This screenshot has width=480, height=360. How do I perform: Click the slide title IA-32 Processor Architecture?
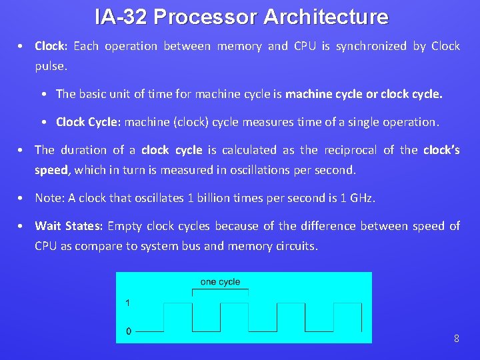click(x=241, y=17)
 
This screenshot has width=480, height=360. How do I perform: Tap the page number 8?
click(x=456, y=339)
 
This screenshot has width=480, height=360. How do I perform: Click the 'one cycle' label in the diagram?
click(x=220, y=282)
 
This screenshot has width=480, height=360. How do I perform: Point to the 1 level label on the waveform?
click(x=128, y=303)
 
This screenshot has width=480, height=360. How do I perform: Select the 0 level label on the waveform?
click(x=129, y=331)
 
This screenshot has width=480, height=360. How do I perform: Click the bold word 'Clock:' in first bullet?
click(x=51, y=46)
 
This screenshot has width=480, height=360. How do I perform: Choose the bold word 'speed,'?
click(x=52, y=170)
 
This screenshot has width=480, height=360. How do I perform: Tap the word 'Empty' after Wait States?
click(x=125, y=226)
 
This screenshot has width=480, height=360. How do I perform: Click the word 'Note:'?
click(x=50, y=198)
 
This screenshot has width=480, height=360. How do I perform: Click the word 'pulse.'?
click(x=51, y=67)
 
